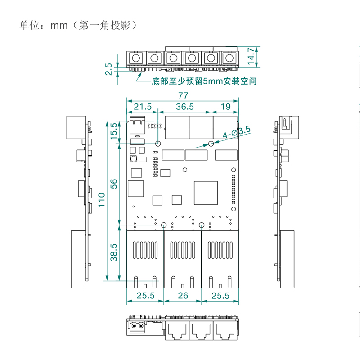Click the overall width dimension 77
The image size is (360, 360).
tap(182, 95)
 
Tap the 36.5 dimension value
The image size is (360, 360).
tap(184, 107)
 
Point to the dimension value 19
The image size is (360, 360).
tap(225, 107)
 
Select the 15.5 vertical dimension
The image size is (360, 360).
tap(114, 130)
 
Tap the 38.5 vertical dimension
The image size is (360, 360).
tap(114, 252)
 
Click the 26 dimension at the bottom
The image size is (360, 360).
tap(182, 296)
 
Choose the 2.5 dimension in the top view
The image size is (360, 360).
tap(108, 69)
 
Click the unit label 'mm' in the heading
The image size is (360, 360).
tap(58, 26)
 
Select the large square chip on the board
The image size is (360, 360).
tap(205, 192)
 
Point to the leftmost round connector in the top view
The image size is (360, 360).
tap(135, 58)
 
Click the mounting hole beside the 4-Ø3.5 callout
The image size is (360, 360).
tap(211, 144)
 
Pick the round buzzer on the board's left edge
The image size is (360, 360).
tap(134, 159)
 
